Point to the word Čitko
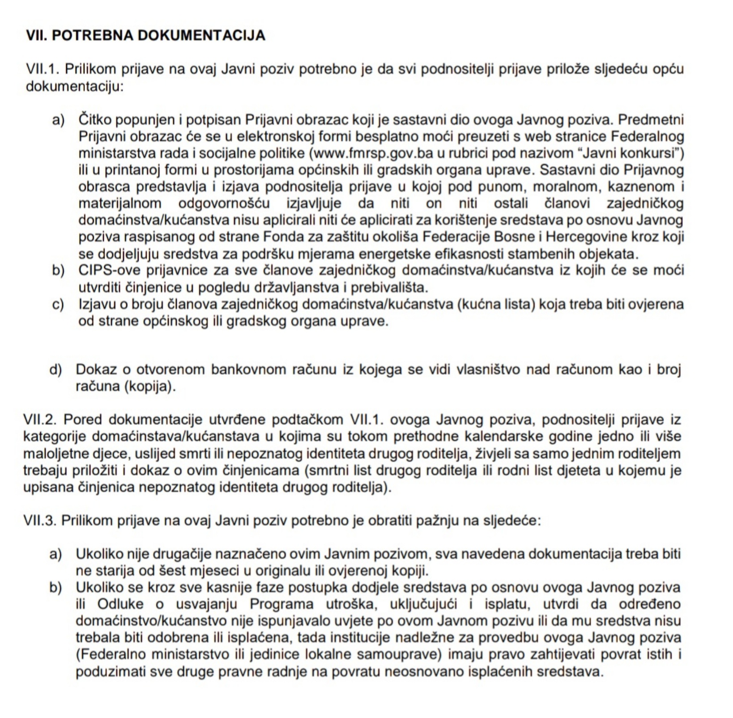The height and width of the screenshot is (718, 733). click(96, 120)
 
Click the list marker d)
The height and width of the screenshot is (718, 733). click(55, 370)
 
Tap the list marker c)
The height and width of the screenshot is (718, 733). click(58, 305)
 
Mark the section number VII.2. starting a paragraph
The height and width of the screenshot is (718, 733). click(40, 420)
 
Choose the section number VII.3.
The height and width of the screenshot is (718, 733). click(40, 521)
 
